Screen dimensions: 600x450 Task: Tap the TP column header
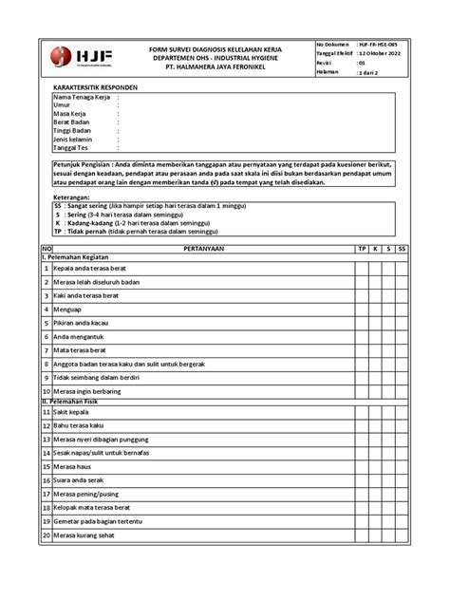(x=361, y=247)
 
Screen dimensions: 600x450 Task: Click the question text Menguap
(x=66, y=309)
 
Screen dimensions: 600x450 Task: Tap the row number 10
(x=46, y=390)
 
